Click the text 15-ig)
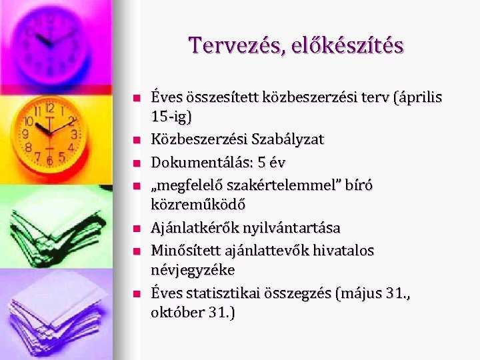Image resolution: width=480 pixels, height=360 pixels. [x=171, y=117]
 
